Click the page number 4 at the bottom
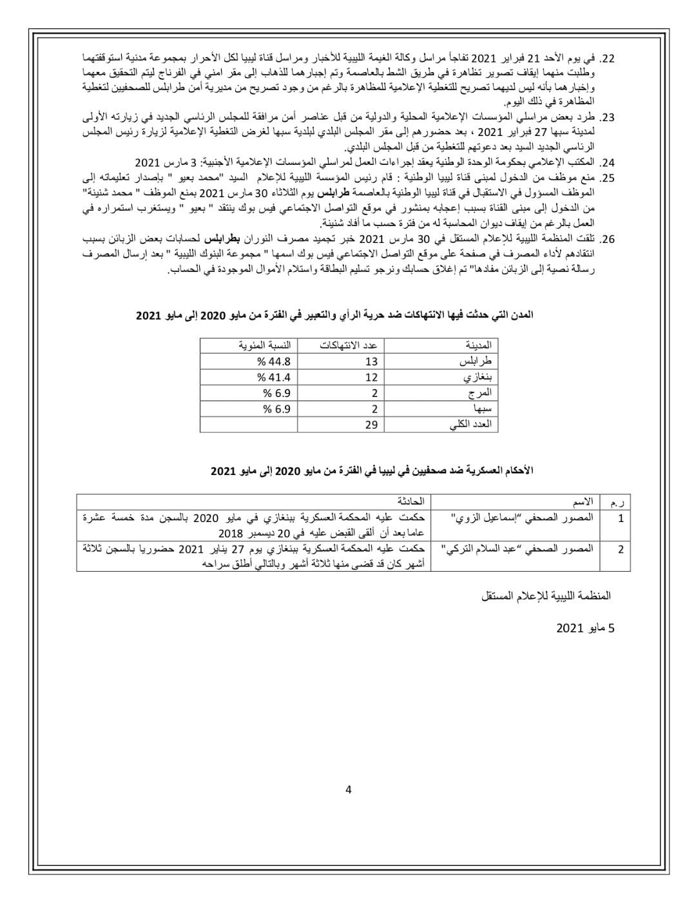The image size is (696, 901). [349, 790]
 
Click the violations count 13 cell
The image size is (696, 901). [371, 362]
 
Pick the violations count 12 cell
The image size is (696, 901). [371, 377]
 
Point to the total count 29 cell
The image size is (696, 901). [371, 425]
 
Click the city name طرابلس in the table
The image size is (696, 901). [478, 362]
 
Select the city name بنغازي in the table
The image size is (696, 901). [478, 377]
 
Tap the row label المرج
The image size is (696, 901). [481, 393]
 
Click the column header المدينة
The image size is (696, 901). [479, 345]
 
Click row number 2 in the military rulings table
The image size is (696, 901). [621, 550]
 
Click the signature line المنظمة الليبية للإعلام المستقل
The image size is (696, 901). [546, 596]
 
